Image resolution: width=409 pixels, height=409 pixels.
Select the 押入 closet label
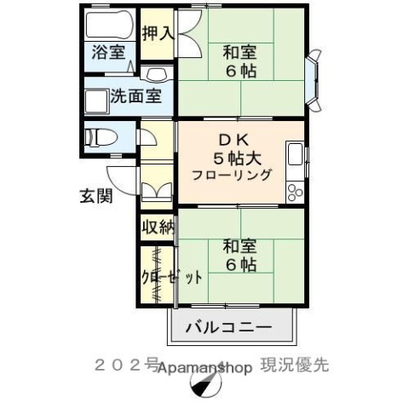[157, 34]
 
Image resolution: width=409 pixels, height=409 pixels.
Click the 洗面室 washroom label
[135, 95]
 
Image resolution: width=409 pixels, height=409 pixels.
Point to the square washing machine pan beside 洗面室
[95, 101]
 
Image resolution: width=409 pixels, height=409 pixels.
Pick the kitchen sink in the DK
[296, 156]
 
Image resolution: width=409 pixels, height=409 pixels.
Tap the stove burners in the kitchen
[295, 192]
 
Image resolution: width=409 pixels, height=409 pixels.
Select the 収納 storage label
[158, 228]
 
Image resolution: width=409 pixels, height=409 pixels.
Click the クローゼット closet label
[172, 277]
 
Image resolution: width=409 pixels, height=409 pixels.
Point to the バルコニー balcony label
[228, 326]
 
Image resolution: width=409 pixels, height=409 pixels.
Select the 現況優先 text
[295, 365]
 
